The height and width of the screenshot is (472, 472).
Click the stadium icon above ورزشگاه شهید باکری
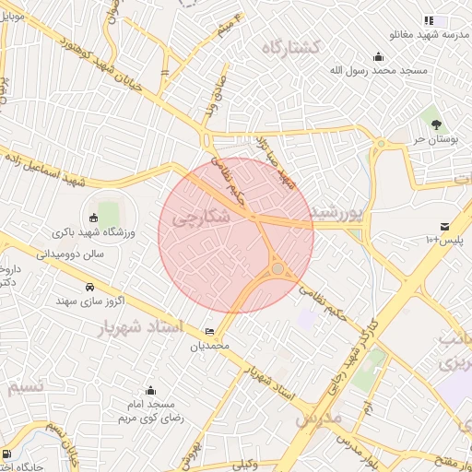click(x=93, y=218)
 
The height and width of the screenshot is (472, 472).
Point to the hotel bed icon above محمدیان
click(x=209, y=332)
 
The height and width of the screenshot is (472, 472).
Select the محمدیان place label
click(x=208, y=347)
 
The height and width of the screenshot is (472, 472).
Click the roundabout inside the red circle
click(x=277, y=269)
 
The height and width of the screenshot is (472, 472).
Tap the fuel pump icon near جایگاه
click(x=8, y=454)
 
